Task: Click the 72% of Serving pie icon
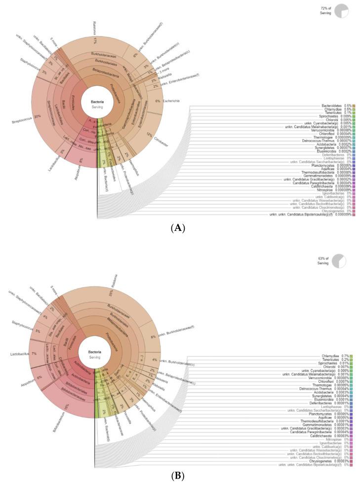[x=341, y=10]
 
